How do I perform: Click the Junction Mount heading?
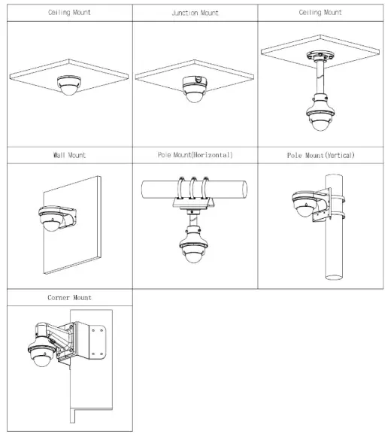coord(195,13)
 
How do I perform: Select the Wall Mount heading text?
coord(69,155)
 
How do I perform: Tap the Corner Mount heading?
coord(69,298)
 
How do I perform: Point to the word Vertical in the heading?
coord(340,155)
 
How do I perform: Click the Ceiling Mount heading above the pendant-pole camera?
coord(320,13)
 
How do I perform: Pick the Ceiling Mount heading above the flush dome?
coord(69,13)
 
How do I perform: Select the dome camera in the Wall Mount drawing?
coord(51,219)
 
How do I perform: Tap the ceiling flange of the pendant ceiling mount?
coord(320,56)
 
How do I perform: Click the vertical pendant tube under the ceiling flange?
coord(320,78)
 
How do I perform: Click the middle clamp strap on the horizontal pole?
coord(193,188)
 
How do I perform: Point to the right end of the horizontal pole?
coord(244,190)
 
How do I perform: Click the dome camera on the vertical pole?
coord(305,204)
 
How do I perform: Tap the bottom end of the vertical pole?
coord(334,277)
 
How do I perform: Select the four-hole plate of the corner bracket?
coord(97,342)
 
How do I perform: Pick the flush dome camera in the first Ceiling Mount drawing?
coord(69,86)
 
